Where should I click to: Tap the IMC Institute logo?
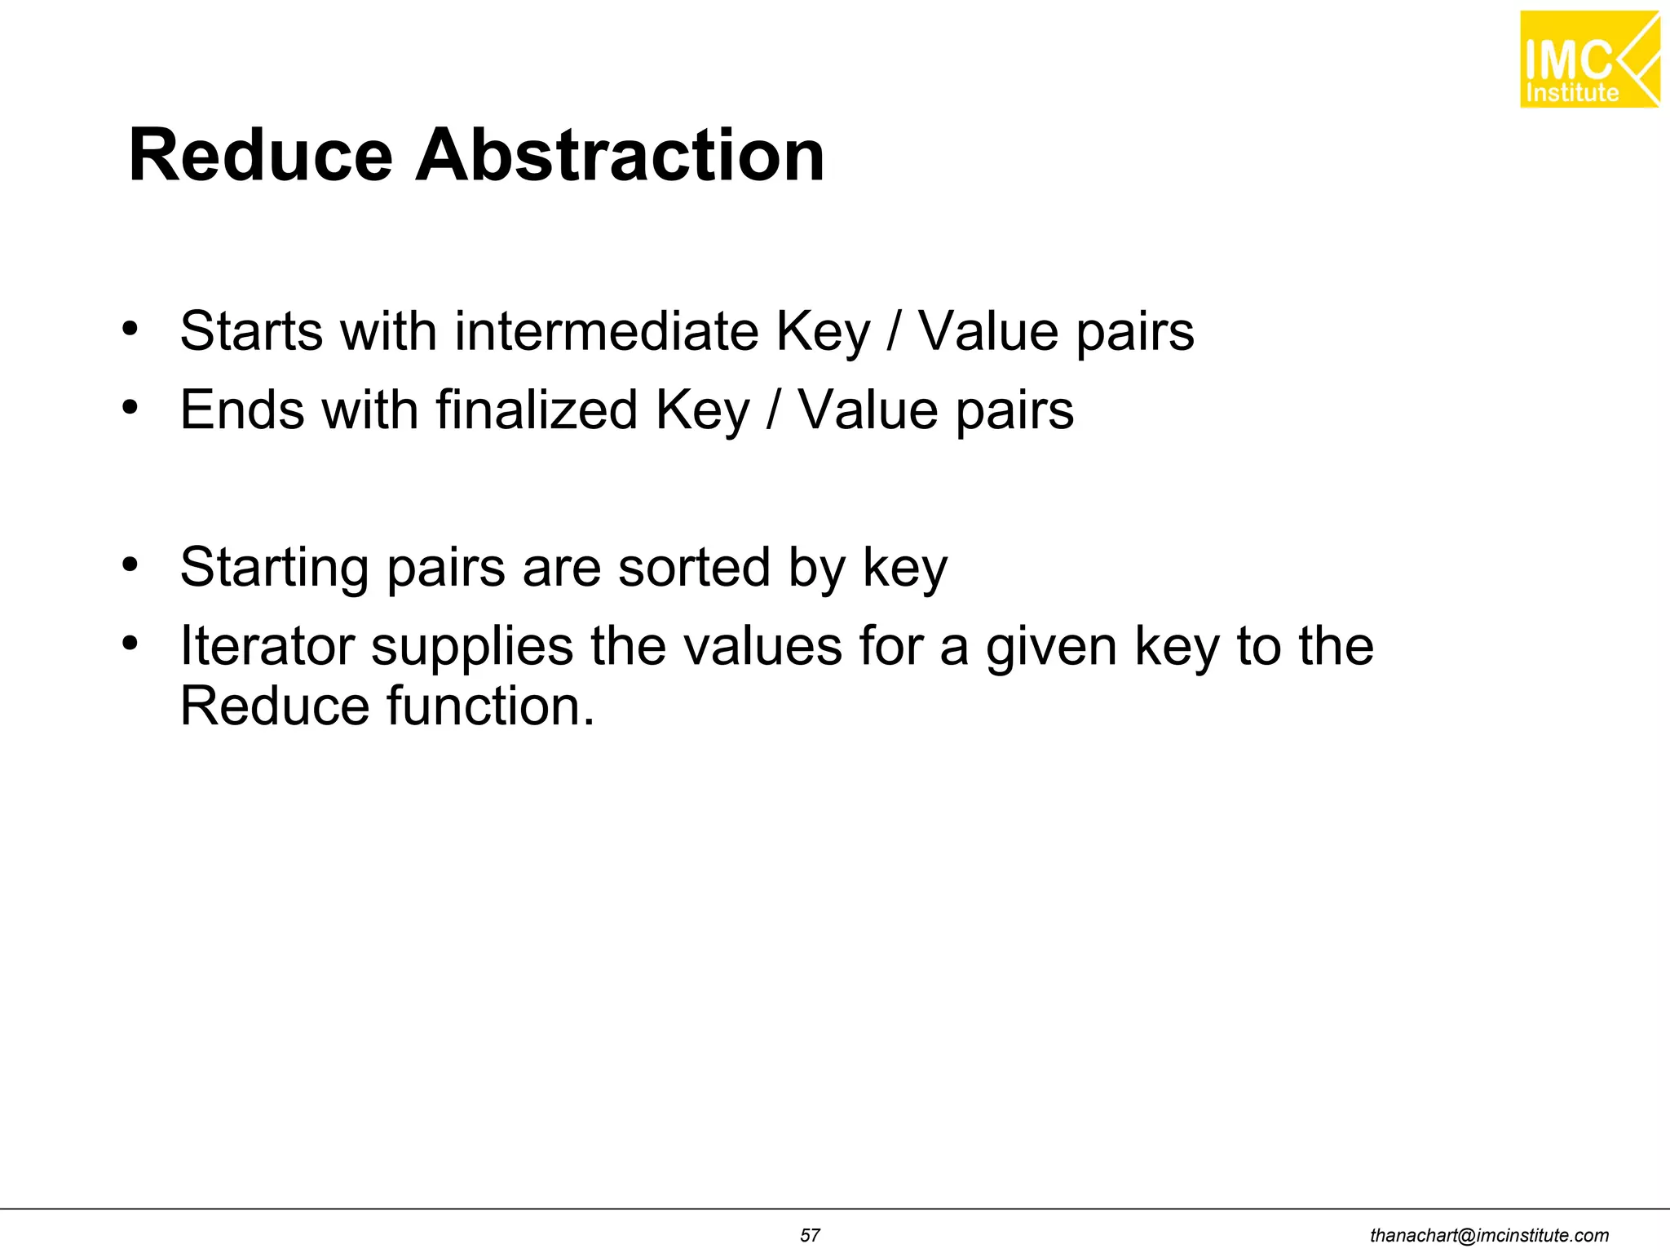click(x=1589, y=60)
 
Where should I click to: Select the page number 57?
click(x=810, y=1235)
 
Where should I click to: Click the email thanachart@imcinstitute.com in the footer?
click(x=1489, y=1235)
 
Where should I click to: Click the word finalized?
click(x=537, y=410)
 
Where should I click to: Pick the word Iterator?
click(x=267, y=646)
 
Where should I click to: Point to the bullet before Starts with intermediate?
click(x=130, y=330)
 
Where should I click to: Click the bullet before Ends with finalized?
click(x=130, y=407)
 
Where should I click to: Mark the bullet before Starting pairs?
click(x=130, y=565)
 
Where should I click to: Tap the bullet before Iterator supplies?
click(x=130, y=644)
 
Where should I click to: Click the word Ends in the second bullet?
click(x=242, y=410)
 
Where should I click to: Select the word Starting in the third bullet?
click(x=275, y=569)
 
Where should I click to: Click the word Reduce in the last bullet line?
click(x=275, y=706)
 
